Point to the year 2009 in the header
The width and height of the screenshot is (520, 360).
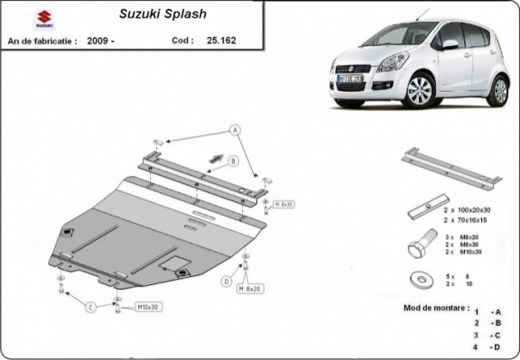coord(98,41)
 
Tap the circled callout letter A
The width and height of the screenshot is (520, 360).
coord(237,130)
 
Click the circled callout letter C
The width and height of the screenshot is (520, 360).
coord(91,308)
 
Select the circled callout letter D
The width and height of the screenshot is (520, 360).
coord(226,282)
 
